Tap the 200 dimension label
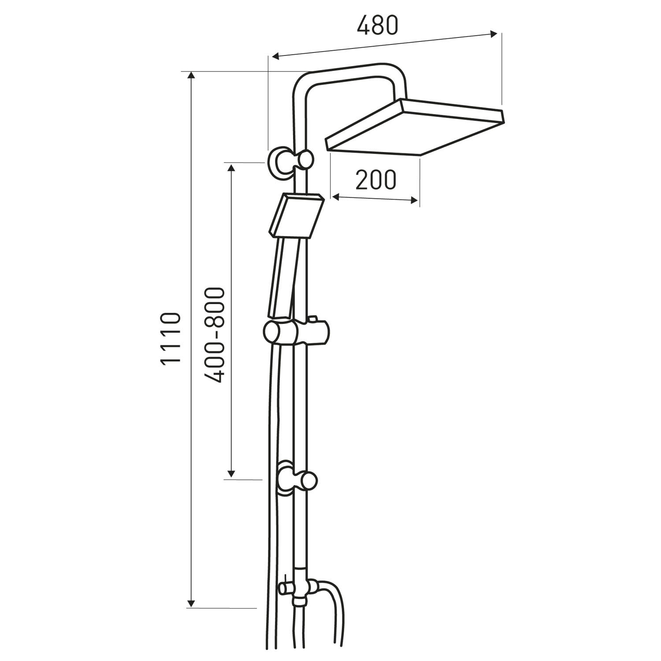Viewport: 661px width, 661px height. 376,179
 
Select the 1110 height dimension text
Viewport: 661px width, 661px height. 171,338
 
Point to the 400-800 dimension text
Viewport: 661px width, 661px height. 215,335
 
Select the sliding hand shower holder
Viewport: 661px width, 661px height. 296,331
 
